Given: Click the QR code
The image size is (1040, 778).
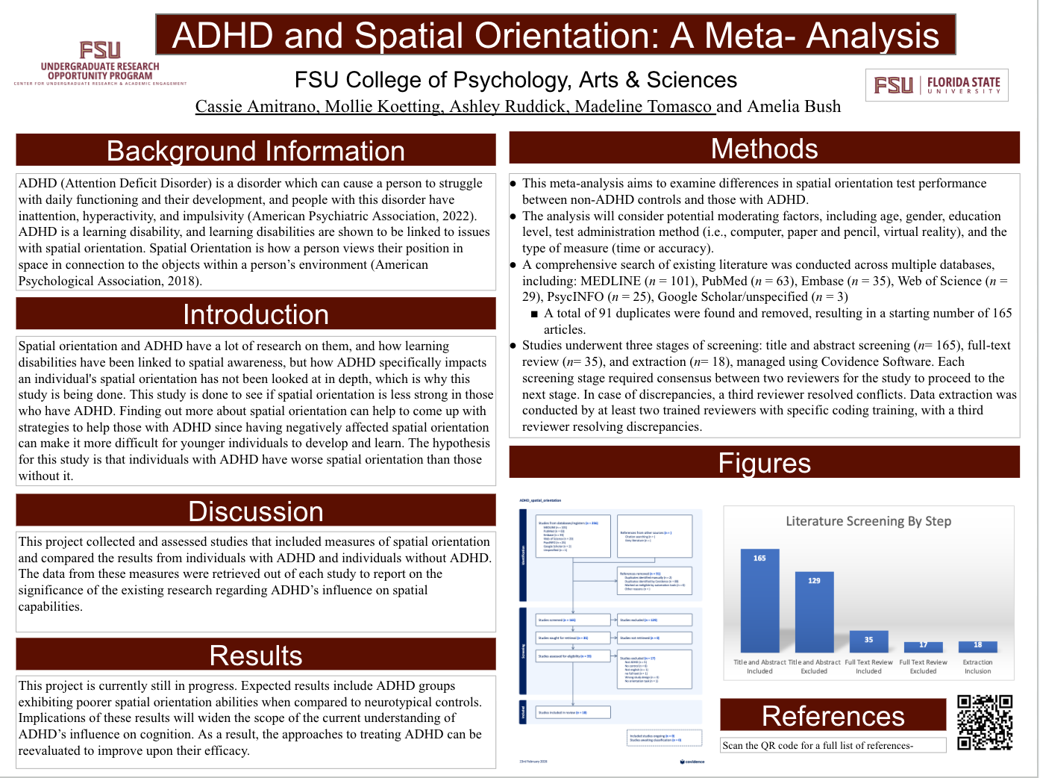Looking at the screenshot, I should pyautogui.click(x=985, y=722).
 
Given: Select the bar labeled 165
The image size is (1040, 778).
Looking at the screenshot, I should pyautogui.click(x=759, y=600).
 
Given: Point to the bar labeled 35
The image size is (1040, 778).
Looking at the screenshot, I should pyautogui.click(x=868, y=641).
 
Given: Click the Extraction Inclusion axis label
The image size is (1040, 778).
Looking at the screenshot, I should pyautogui.click(x=977, y=667).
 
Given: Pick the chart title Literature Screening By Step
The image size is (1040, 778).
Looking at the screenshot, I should pyautogui.click(x=868, y=521).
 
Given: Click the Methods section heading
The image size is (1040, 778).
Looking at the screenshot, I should pyautogui.click(x=764, y=149).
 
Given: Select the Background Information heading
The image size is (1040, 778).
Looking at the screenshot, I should pyautogui.click(x=256, y=150).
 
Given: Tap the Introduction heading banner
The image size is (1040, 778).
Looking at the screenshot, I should pyautogui.click(x=256, y=314).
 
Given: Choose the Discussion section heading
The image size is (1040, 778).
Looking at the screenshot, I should pyautogui.click(x=256, y=511).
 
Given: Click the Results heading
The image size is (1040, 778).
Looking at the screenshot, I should pyautogui.click(x=256, y=655).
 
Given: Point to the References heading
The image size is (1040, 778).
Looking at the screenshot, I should pyautogui.click(x=833, y=715).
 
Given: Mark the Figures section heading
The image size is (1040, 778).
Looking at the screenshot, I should pyautogui.click(x=764, y=463).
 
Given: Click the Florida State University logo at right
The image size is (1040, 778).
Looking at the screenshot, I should pyautogui.click(x=937, y=85).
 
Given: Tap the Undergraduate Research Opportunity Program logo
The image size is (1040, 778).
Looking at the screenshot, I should pyautogui.click(x=100, y=64).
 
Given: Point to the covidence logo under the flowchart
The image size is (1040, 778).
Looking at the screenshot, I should pyautogui.click(x=692, y=762).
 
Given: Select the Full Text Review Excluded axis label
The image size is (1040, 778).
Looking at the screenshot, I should pyautogui.click(x=923, y=667).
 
